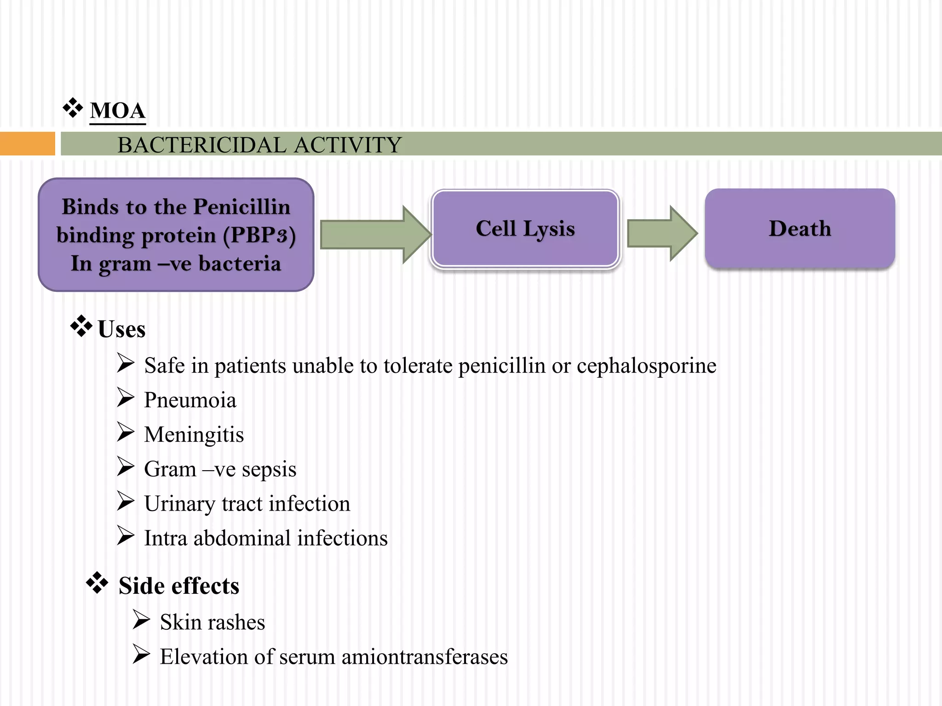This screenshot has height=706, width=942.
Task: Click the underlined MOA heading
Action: point(118,111)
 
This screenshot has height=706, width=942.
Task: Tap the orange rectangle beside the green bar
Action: point(27,143)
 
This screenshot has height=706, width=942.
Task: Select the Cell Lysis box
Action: point(525,228)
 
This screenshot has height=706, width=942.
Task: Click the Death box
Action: point(799,228)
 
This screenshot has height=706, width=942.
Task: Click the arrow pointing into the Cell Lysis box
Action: point(375,234)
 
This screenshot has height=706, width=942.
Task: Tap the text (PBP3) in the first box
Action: point(259,235)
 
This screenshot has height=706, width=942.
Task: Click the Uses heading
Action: point(121,329)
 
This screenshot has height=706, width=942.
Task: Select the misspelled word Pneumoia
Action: point(190,400)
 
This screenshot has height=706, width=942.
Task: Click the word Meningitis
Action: point(194,434)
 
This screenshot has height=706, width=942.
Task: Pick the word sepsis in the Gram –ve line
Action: point(269,469)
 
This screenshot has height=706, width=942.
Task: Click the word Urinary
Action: point(179,504)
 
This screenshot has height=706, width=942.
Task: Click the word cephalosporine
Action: point(646,366)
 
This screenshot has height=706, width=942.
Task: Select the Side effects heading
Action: point(179,586)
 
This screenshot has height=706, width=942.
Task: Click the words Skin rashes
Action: point(213,622)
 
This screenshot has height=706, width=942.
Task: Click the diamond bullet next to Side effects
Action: point(97,583)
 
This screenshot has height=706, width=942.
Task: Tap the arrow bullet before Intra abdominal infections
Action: point(125,535)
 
